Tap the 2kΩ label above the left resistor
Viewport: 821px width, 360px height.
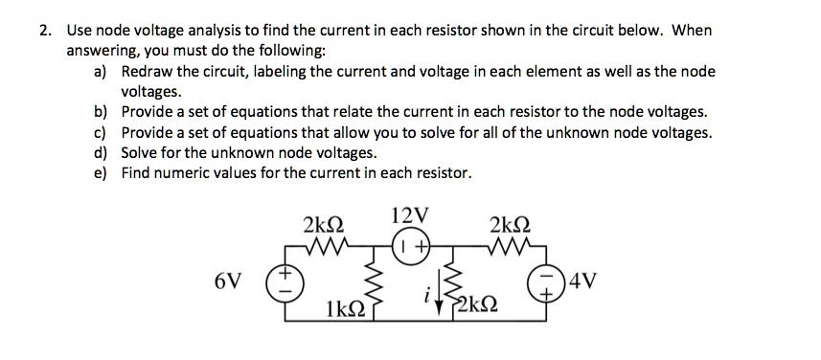pyautogui.click(x=322, y=225)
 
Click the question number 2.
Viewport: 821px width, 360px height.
pyautogui.click(x=43, y=30)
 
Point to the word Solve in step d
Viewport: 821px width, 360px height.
pyautogui.click(x=140, y=152)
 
